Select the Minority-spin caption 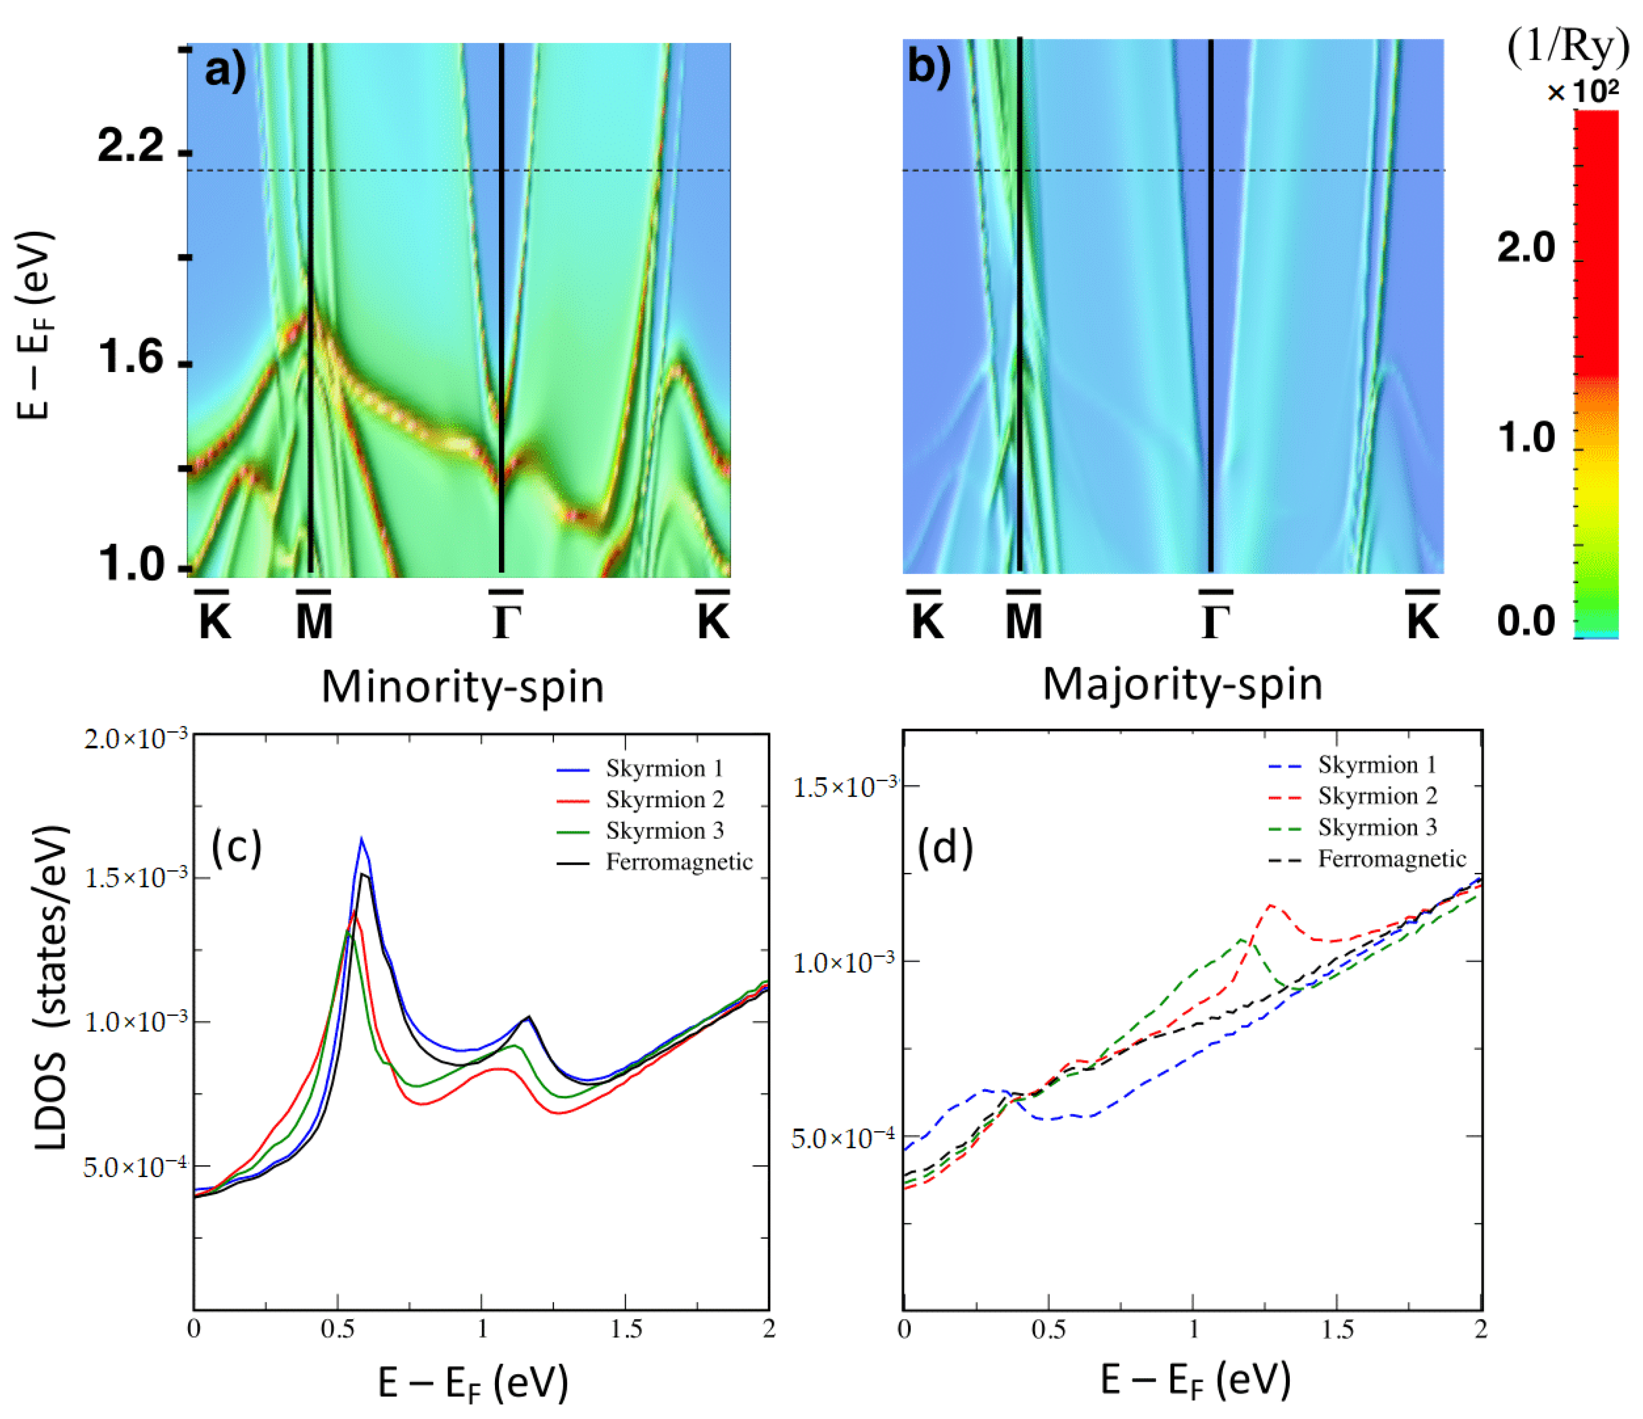(x=463, y=686)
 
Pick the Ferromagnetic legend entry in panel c (x=679, y=862)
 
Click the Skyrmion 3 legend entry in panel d (x=1378, y=827)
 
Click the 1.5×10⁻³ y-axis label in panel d (x=845, y=787)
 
